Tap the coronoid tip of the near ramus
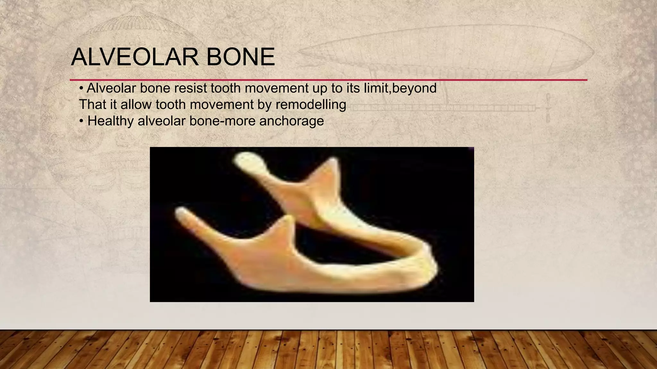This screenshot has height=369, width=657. coord(289,219)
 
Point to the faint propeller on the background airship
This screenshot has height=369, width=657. coord(548,108)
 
